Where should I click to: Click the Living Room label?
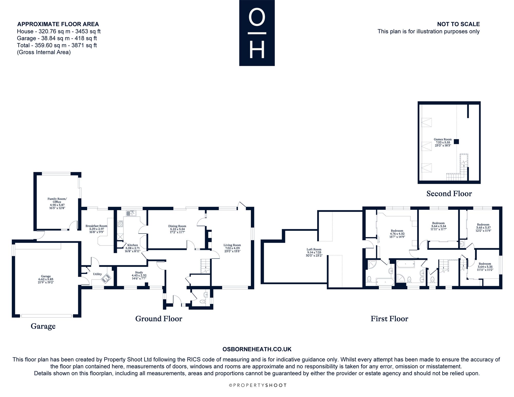click(x=232, y=245)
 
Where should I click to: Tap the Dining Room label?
click(x=177, y=226)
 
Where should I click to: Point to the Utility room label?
click(x=97, y=274)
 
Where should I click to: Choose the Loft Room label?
click(x=314, y=249)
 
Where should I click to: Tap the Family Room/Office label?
click(x=57, y=200)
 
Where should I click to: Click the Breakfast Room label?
click(x=96, y=226)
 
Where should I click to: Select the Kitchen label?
click(x=133, y=245)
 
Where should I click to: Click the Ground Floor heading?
click(x=159, y=319)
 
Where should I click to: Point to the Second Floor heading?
click(x=449, y=194)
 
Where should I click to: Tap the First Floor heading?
click(x=389, y=319)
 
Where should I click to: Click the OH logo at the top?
click(x=257, y=33)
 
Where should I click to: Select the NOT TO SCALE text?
click(x=458, y=24)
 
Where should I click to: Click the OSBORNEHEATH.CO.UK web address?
click(x=257, y=349)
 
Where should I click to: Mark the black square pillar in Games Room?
click(x=456, y=141)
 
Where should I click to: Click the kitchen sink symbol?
click(x=131, y=213)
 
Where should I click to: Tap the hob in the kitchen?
click(x=120, y=224)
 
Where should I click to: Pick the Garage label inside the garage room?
click(x=46, y=276)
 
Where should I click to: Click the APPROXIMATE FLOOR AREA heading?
click(x=58, y=24)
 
